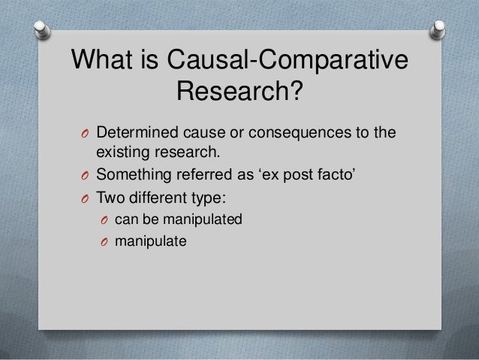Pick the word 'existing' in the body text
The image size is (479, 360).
pos(122,155)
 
